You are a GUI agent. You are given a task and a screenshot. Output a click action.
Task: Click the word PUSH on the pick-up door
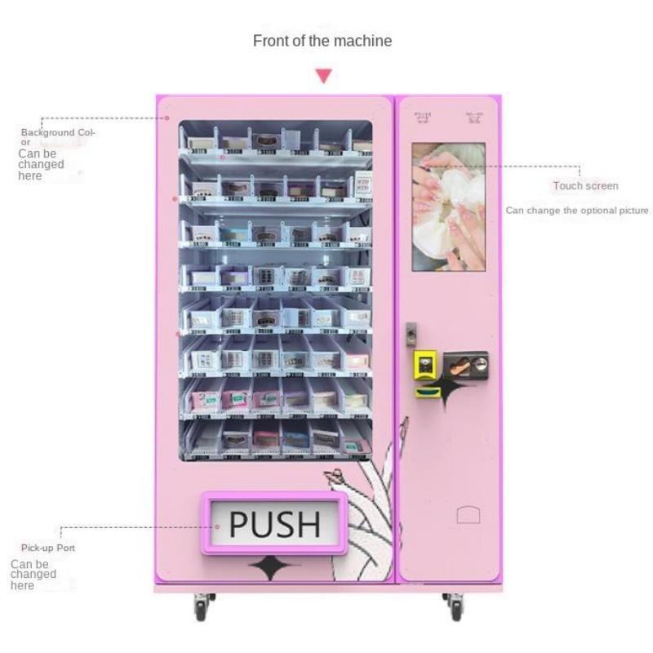tap(274, 524)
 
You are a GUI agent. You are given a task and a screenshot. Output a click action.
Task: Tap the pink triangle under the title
tap(324, 76)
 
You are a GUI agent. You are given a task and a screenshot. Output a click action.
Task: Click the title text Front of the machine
tap(322, 41)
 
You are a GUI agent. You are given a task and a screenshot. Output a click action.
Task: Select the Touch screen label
tap(585, 186)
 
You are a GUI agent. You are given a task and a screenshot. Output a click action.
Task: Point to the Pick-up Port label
tap(48, 548)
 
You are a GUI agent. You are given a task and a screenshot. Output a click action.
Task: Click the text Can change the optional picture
tap(577, 211)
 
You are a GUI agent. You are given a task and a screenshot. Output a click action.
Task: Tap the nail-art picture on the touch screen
tap(448, 207)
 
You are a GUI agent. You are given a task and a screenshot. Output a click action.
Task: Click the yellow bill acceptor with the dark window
tap(424, 364)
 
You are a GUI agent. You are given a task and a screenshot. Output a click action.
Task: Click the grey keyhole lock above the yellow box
tap(411, 333)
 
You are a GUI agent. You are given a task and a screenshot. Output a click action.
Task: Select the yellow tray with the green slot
tap(424, 393)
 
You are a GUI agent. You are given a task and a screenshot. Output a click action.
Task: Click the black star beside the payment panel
tap(445, 387)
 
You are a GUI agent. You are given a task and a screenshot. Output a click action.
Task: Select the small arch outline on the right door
tap(468, 515)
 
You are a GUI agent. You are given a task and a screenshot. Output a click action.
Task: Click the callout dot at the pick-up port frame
tap(218, 526)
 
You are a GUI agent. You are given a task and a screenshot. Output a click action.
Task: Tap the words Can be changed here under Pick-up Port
tap(33, 575)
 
